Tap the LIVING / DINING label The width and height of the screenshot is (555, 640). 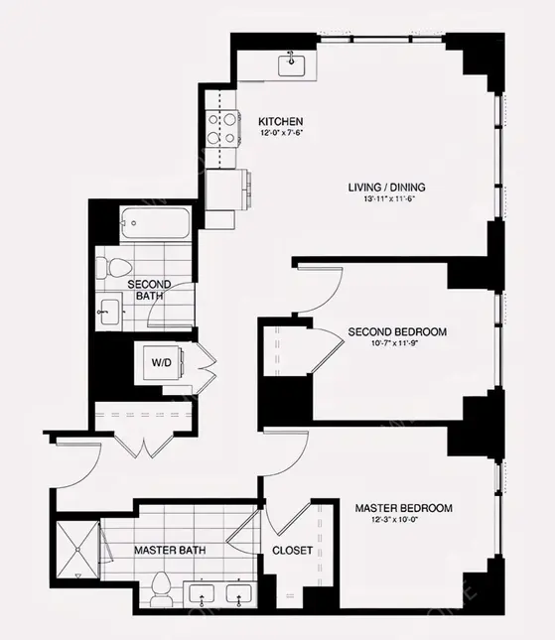click(x=388, y=187)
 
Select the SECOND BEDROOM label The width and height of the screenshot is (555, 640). click(x=396, y=331)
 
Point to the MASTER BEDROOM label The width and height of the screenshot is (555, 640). click(x=403, y=508)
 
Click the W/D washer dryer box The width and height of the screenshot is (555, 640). click(x=161, y=362)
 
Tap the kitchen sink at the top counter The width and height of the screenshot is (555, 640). click(x=292, y=65)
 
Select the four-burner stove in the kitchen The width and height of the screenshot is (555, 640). click(x=221, y=129)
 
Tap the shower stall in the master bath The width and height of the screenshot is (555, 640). click(x=77, y=547)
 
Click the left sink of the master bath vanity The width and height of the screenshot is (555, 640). click(x=204, y=595)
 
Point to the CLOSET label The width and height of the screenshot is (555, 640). click(x=292, y=550)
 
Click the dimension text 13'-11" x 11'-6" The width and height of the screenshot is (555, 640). click(x=388, y=199)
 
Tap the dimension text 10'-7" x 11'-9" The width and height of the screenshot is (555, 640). click(x=396, y=344)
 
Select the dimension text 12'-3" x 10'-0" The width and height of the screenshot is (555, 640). click(x=403, y=521)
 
